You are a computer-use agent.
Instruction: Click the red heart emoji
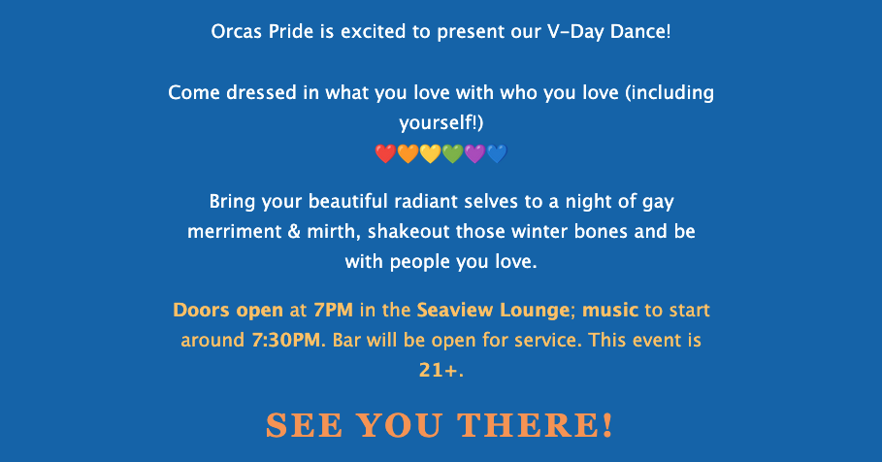point(385,153)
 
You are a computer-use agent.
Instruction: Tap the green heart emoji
point(452,153)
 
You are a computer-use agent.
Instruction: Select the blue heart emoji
point(497,153)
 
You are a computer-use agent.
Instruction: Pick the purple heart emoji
point(474,153)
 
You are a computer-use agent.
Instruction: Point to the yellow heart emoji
point(430,153)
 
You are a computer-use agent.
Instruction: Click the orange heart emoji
point(408,153)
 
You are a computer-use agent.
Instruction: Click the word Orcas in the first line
point(236,31)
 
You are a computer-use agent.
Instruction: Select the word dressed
point(261,92)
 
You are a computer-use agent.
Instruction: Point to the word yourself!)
point(441,122)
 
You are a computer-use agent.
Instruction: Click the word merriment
point(235,231)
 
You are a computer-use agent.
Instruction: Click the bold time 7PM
point(334,310)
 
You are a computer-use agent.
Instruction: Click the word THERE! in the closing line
point(535,425)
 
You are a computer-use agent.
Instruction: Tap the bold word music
point(610,310)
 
